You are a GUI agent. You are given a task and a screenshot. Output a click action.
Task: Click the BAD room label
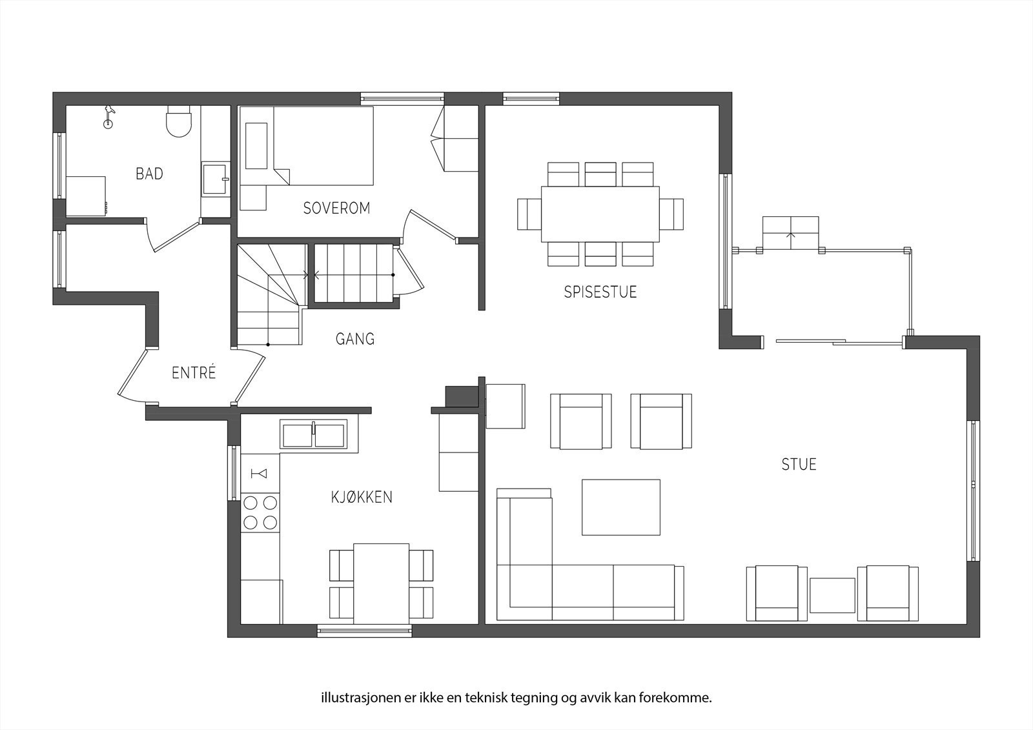(149, 173)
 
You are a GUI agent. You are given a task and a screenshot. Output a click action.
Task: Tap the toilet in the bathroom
(179, 122)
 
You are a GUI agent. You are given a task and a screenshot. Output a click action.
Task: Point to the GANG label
(354, 339)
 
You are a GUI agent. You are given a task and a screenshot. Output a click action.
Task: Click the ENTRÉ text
(194, 373)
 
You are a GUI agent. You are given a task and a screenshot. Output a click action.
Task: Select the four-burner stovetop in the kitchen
(260, 512)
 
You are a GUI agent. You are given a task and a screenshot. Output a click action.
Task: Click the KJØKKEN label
(362, 497)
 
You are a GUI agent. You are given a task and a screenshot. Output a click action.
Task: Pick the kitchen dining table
(382, 583)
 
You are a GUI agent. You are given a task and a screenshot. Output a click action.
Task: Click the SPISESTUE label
(600, 292)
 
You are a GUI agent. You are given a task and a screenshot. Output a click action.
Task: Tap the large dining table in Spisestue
(600, 214)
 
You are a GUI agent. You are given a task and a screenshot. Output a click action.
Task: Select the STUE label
(799, 464)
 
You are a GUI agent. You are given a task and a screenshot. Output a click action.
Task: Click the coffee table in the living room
(620, 507)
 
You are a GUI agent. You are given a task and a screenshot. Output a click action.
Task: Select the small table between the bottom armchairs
(832, 595)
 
